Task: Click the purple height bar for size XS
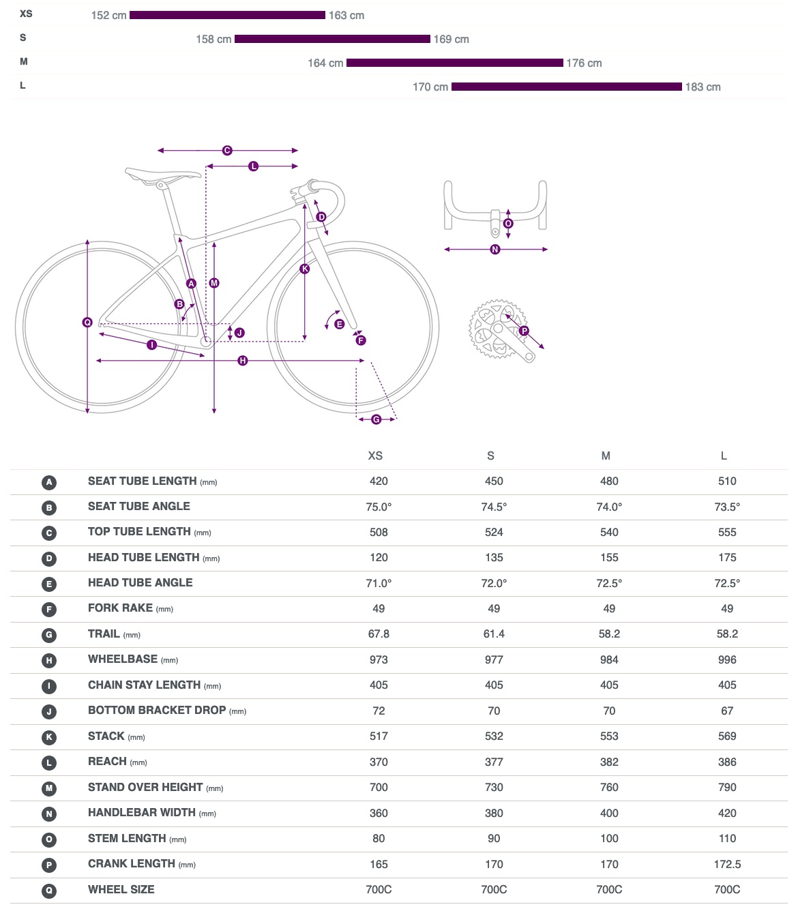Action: pos(227,15)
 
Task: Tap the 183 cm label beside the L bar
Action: pos(703,87)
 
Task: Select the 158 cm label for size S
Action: pos(213,40)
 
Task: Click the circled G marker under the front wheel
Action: pos(376,419)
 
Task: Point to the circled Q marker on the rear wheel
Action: pos(87,322)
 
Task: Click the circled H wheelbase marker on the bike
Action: pos(243,360)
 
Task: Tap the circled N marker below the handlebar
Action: pos(495,250)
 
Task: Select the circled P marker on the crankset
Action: pos(524,331)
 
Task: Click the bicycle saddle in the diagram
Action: pos(162,175)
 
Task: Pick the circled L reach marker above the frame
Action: pos(254,166)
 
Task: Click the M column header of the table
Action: pos(606,456)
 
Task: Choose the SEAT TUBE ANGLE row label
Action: pos(139,506)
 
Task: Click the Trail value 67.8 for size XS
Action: pos(379,634)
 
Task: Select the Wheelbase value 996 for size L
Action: pos(727,659)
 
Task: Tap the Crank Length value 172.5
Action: pos(727,864)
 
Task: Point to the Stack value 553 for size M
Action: pos(609,736)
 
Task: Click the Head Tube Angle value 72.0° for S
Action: pos(494,583)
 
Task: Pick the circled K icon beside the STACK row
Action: pos(49,737)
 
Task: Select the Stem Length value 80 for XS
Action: pos(379,839)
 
